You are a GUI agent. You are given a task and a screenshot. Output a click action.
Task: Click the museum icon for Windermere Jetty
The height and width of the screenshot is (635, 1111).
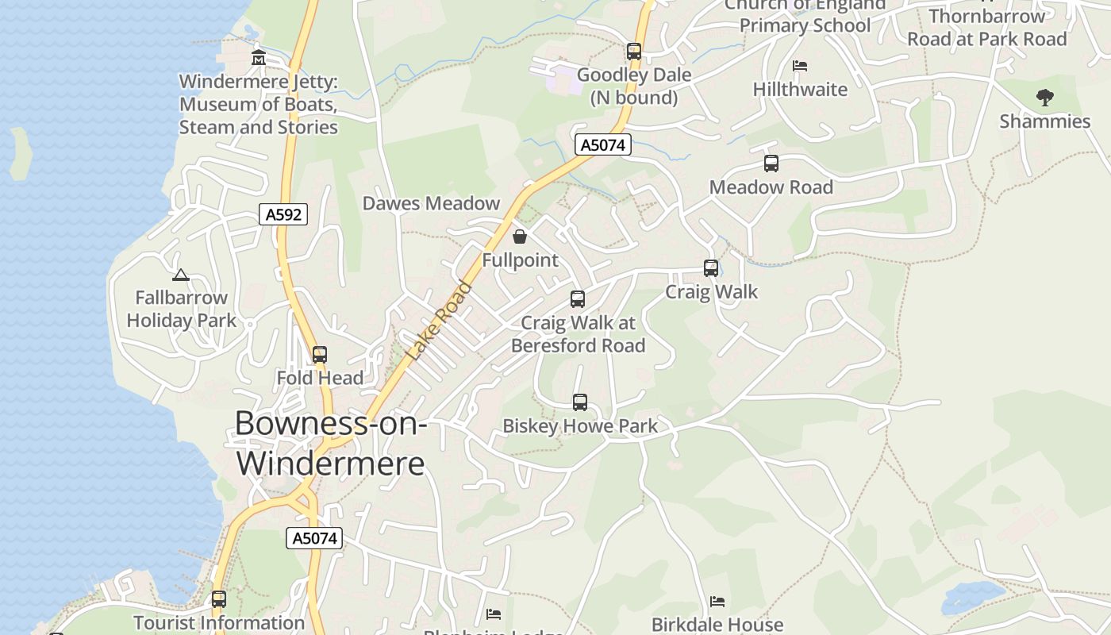[258, 58]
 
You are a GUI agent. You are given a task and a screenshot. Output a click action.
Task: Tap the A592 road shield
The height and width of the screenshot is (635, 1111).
[283, 214]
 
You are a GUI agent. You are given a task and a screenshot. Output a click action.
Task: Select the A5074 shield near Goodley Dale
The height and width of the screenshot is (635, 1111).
[603, 145]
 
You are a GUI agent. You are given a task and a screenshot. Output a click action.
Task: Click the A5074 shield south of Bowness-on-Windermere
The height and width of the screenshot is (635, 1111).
[314, 538]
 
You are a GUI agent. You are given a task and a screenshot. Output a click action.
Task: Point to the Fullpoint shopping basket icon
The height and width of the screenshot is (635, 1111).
[519, 237]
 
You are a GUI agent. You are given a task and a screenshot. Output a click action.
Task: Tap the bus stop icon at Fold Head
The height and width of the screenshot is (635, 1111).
[320, 355]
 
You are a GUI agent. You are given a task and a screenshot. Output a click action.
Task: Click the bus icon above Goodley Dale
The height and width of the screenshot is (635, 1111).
[633, 52]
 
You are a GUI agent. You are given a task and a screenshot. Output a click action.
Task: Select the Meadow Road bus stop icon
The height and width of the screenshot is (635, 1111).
[771, 164]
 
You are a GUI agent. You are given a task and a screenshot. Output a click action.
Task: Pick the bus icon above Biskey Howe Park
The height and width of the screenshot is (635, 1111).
[580, 402]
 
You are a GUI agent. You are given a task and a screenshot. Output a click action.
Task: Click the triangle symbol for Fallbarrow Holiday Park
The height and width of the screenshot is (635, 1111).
[181, 275]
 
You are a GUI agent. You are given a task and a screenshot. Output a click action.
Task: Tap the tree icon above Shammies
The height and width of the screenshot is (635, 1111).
[1044, 98]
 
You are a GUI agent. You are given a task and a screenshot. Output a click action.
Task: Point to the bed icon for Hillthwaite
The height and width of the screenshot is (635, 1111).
[800, 66]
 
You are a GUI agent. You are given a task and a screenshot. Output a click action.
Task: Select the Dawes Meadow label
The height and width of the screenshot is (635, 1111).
[431, 203]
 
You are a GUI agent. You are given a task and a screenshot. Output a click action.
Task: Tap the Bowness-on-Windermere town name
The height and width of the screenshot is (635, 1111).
[331, 443]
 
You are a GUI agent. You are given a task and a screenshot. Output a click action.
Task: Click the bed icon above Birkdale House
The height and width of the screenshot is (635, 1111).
[717, 602]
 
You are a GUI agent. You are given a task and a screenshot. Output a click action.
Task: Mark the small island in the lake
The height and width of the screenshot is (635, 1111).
[20, 153]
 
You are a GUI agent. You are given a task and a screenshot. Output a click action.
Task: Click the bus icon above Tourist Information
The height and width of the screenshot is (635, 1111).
[219, 599]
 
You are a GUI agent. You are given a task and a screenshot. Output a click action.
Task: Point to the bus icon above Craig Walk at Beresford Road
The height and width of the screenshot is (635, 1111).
[578, 299]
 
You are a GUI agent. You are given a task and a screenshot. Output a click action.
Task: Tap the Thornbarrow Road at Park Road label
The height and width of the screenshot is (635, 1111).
[986, 28]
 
